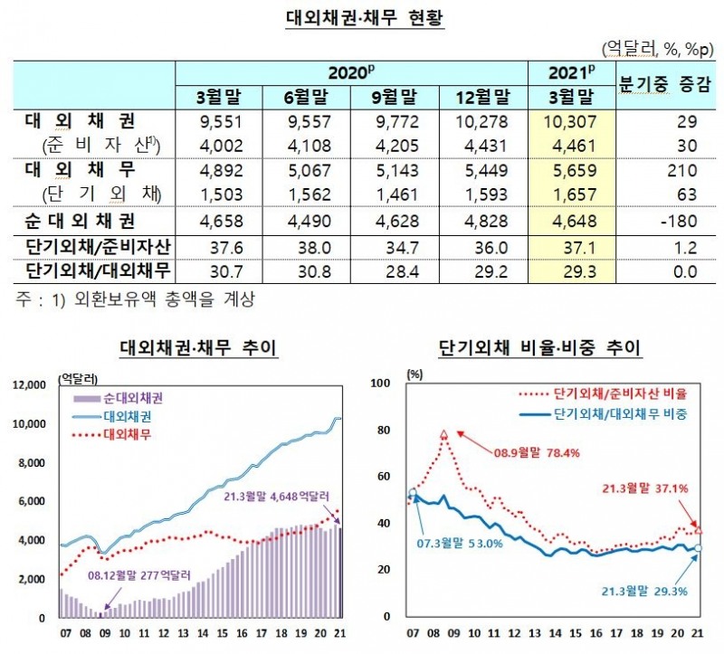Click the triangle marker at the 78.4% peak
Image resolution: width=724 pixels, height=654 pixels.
click(444, 435)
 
